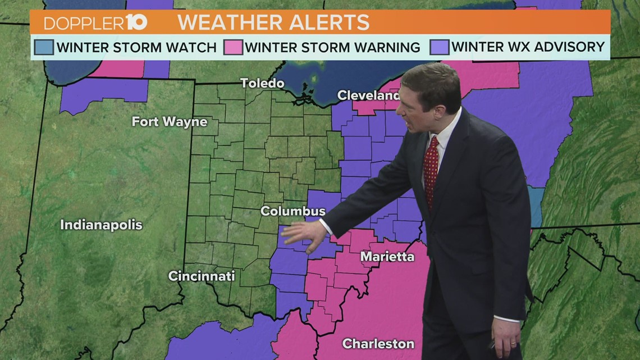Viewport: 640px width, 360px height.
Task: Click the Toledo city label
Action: pos(262,83)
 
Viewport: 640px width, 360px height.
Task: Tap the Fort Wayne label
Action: pos(169,121)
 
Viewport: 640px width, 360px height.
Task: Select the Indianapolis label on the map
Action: pos(101,225)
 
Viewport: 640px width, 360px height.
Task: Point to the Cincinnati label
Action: pos(202,276)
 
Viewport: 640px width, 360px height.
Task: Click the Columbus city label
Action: pos(292,211)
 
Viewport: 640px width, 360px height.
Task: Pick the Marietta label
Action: pos(387,257)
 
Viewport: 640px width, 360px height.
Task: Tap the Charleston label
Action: pos(378,343)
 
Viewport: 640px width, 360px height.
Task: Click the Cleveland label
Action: pos(368,95)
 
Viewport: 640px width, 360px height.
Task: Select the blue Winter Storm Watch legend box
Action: pos(44,47)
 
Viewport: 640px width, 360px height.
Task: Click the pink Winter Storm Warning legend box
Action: pos(233,47)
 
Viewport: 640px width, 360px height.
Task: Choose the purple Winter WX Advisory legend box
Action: pos(440,47)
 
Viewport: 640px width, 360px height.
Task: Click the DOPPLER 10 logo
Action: pos(95,23)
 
